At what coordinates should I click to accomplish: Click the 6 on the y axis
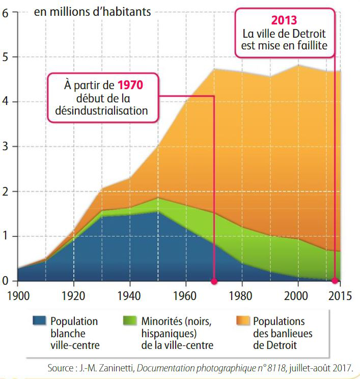coord(6,13)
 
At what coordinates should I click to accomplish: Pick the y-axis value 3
coord(6,147)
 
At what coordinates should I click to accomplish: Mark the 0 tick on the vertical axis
coord(6,281)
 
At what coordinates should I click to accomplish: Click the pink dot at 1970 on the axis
coord(214,281)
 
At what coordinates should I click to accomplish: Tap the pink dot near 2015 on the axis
coord(335,280)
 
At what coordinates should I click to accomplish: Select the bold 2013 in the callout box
coord(284,21)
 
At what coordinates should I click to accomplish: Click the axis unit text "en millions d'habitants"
coord(92,12)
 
